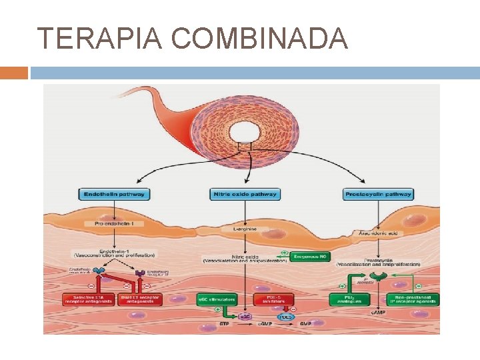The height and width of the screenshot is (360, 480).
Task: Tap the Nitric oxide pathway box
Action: tap(244, 195)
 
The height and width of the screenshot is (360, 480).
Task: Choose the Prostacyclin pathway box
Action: tap(379, 195)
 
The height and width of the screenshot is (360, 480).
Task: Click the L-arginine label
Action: tap(249, 229)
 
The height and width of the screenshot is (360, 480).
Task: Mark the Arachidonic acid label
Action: tap(377, 233)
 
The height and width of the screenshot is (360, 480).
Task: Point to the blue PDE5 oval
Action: tap(285, 316)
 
